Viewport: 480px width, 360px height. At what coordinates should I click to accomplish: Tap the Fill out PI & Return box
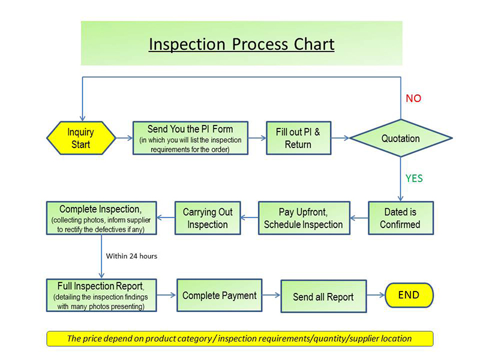298,139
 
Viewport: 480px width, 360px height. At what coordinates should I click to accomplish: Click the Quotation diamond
400,139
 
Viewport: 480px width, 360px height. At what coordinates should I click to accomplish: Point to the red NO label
413,98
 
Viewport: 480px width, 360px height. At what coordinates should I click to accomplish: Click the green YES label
415,178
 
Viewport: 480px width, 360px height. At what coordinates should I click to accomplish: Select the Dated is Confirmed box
400,218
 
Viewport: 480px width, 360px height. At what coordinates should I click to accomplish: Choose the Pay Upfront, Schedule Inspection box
304,218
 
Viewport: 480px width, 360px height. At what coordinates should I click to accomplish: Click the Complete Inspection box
101,217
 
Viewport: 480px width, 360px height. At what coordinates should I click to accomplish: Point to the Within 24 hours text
131,256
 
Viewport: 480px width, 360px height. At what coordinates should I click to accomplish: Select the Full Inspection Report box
101,295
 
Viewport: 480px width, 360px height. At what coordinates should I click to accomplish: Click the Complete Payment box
220,295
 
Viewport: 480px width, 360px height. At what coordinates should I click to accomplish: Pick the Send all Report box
323,296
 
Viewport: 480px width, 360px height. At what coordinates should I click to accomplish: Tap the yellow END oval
408,295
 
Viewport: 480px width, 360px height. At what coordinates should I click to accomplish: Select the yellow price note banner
239,338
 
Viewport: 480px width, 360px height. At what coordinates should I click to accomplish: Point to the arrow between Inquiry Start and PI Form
123,138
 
